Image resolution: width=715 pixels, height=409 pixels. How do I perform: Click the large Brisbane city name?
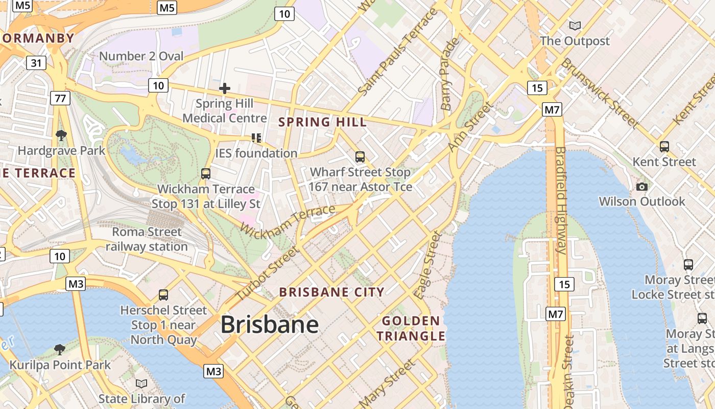coord(270,325)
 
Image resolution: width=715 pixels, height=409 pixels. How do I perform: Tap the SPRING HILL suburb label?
coord(322,122)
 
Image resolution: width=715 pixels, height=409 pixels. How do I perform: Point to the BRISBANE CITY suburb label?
coord(331,292)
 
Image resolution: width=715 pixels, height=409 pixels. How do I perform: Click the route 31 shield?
coord(36,63)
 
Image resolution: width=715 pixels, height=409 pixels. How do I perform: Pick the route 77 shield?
coord(60,98)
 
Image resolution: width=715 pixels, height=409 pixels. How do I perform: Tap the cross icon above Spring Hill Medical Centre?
coord(224,88)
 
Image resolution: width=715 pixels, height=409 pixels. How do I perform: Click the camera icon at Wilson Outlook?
coord(642,187)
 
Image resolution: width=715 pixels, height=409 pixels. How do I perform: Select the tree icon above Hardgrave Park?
coord(61,135)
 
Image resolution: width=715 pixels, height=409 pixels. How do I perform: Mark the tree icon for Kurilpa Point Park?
coord(60,350)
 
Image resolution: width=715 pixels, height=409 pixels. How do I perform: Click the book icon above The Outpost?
coord(575,26)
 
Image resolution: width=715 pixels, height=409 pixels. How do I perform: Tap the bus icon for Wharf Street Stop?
coord(360,157)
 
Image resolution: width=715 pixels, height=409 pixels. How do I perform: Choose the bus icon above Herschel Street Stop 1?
coord(163,295)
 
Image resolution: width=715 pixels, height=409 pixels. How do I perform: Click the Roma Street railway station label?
coord(147,239)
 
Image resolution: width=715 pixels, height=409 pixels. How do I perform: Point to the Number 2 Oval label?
coord(141,56)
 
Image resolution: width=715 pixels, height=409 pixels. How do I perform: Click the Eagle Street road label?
coord(427,265)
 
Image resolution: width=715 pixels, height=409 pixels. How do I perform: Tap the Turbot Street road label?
coord(267,274)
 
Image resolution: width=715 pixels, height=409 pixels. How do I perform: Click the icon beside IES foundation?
coord(256,138)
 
